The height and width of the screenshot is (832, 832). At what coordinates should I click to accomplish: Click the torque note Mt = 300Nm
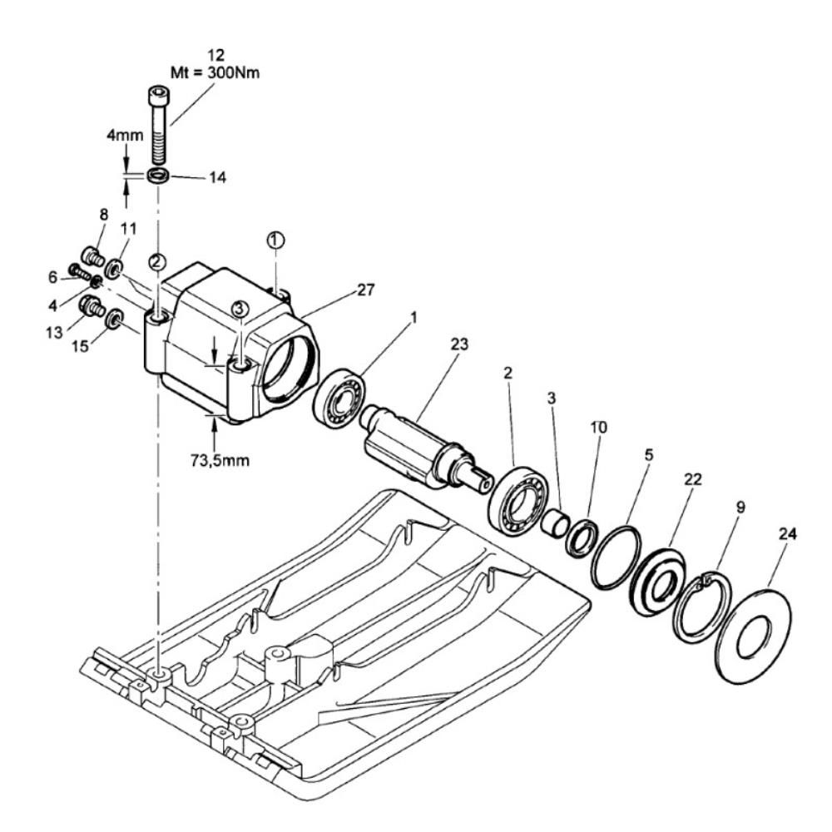(215, 72)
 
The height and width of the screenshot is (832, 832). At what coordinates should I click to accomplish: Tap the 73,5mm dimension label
(220, 459)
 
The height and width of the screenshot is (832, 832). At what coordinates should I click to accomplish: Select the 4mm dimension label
(126, 135)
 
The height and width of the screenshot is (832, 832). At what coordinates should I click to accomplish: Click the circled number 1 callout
(275, 240)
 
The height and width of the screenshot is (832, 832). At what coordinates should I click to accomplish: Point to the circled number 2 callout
(157, 261)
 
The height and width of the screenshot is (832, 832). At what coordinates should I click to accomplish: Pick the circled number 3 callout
(240, 308)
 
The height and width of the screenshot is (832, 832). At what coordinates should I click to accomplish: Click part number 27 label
(365, 290)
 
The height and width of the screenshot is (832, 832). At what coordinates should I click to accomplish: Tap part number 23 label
(459, 344)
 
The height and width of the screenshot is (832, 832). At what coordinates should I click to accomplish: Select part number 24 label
(787, 534)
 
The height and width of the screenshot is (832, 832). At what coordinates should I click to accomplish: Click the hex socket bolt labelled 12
(157, 126)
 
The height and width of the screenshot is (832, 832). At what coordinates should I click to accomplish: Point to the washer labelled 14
(158, 176)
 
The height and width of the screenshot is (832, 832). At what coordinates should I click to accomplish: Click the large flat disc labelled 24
(753, 635)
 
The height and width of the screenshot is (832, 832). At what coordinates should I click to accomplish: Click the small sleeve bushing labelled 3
(554, 523)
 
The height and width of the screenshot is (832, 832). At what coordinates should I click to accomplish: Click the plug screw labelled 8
(92, 257)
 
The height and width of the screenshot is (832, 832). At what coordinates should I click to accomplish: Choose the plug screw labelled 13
(92, 306)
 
